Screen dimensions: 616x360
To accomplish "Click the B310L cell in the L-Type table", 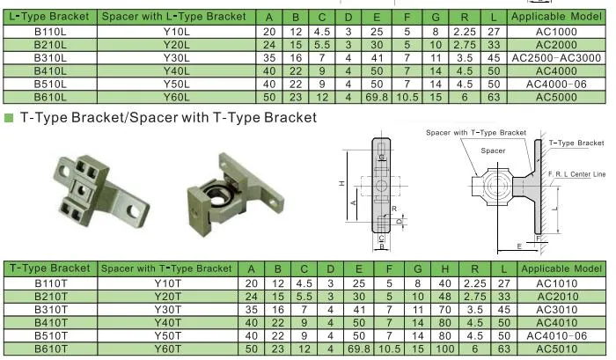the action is coord(50,58).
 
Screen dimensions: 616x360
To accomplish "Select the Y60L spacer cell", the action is coord(176,97).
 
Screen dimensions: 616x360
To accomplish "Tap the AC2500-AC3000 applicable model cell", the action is coord(556,58).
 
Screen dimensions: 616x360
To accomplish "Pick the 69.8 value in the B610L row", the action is coord(377,97).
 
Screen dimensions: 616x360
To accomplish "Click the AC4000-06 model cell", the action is coord(556,84).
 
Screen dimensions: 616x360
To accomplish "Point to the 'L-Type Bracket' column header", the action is coord(49,17).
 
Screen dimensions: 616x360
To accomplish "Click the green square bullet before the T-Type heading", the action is coord(9,118).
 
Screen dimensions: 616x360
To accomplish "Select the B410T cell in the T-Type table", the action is coord(51,323).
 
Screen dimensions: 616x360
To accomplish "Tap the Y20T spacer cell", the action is coord(168,297).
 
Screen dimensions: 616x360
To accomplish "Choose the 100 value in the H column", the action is coord(444,349).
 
